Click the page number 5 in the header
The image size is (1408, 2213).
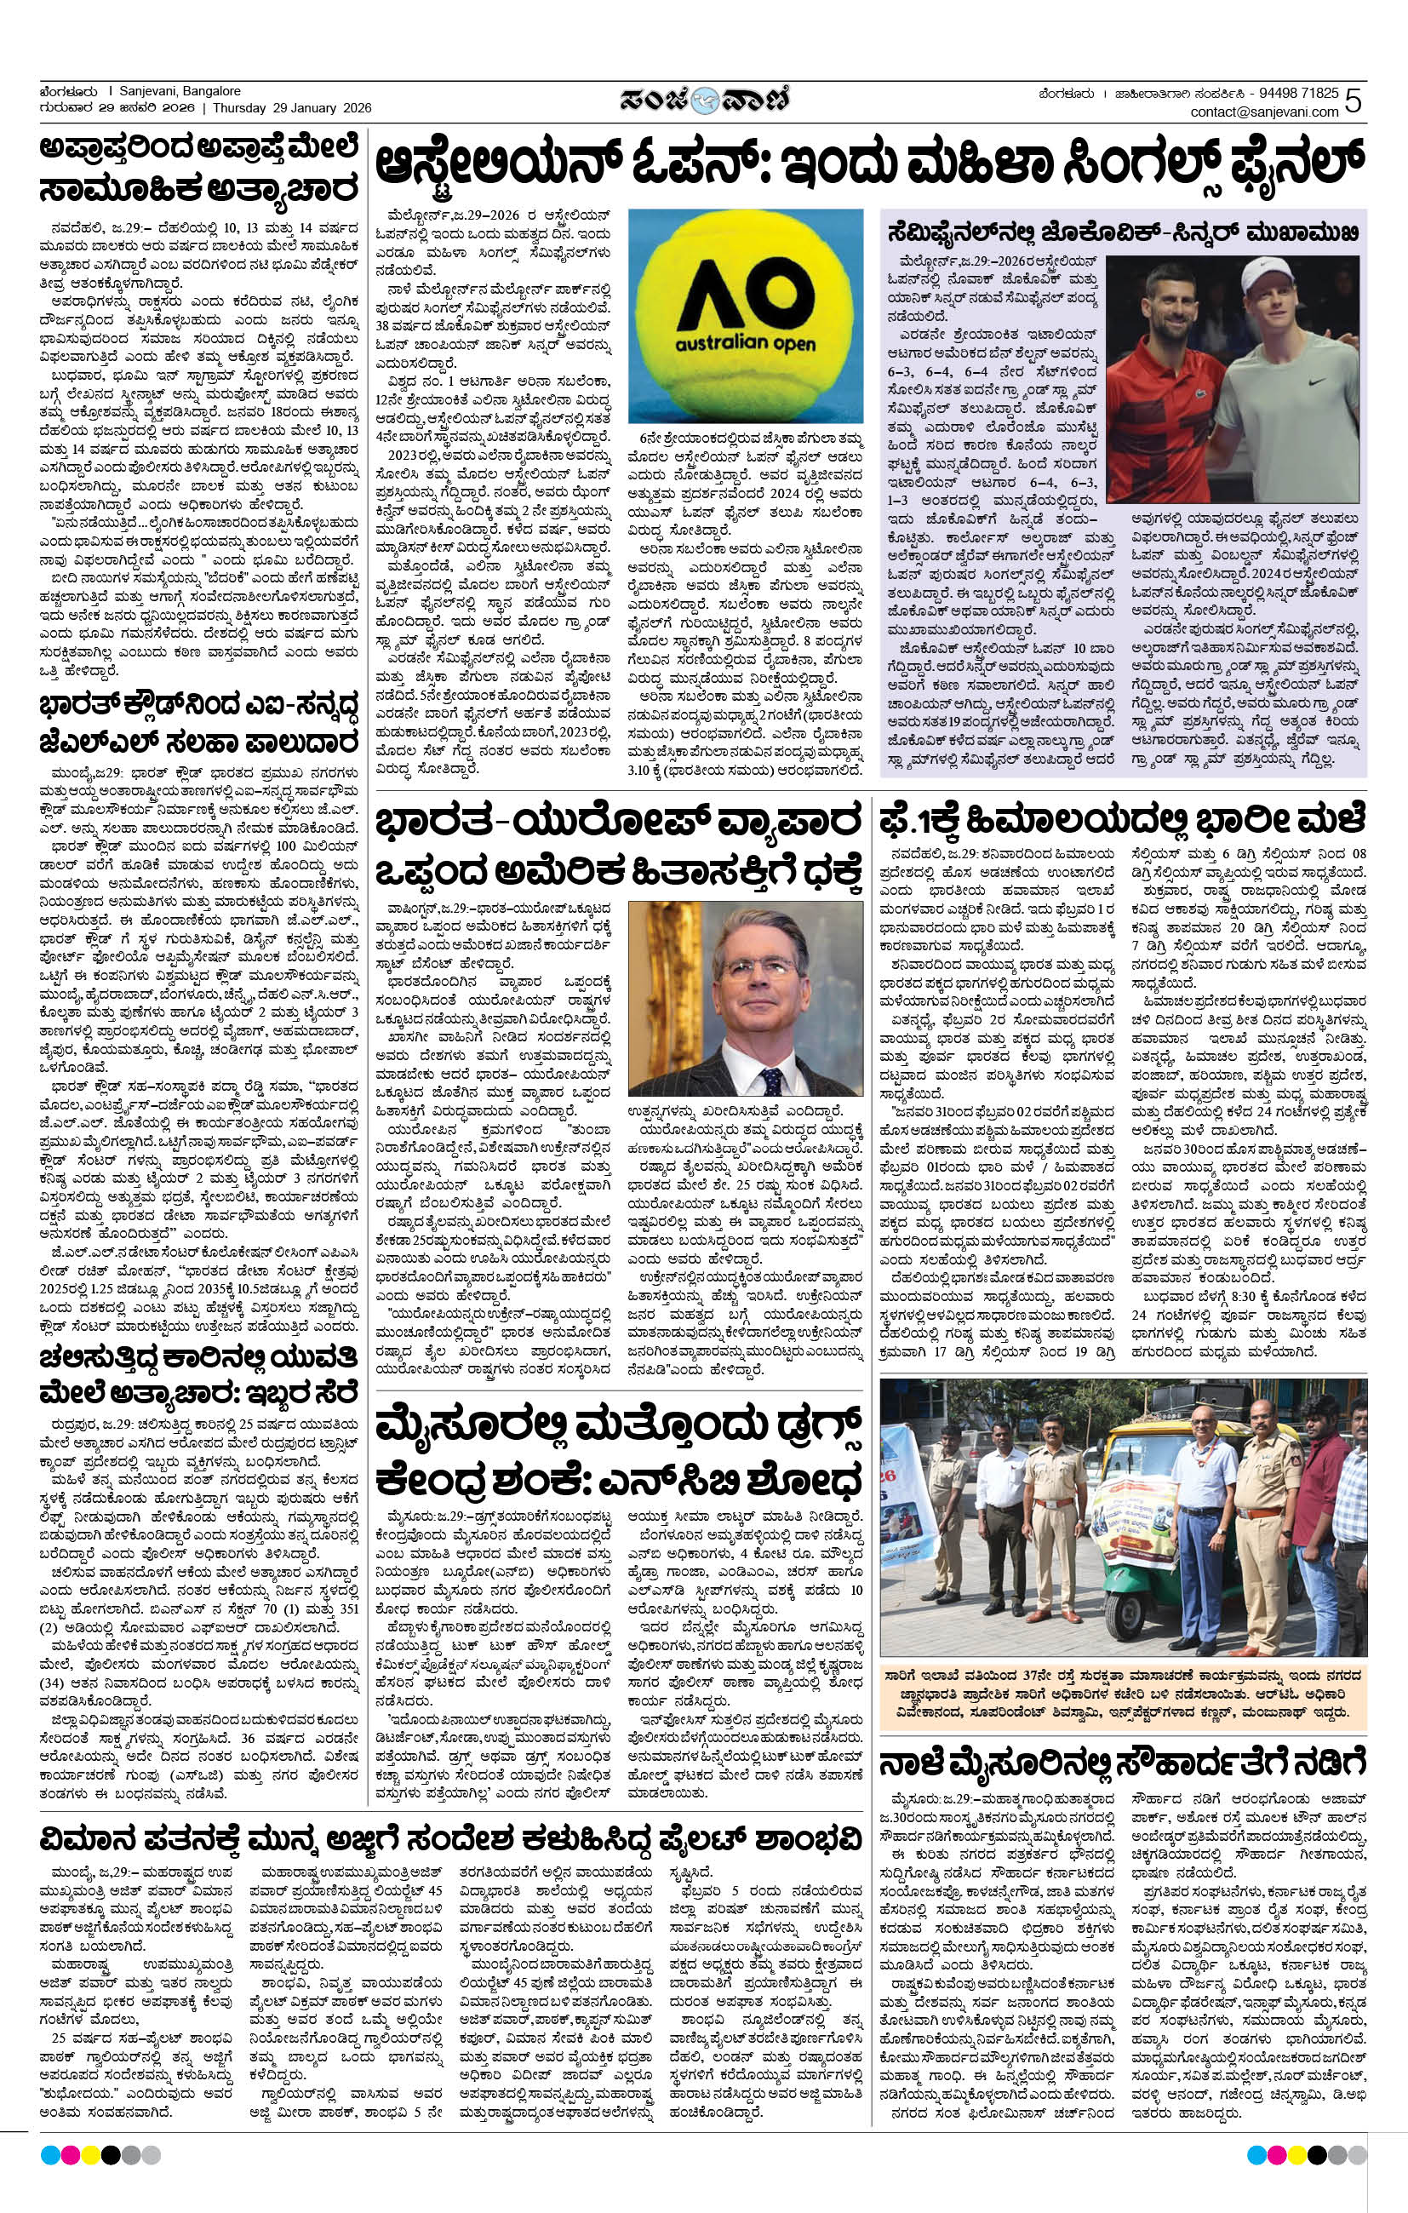click(x=1353, y=101)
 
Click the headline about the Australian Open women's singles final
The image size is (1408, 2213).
click(x=867, y=171)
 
